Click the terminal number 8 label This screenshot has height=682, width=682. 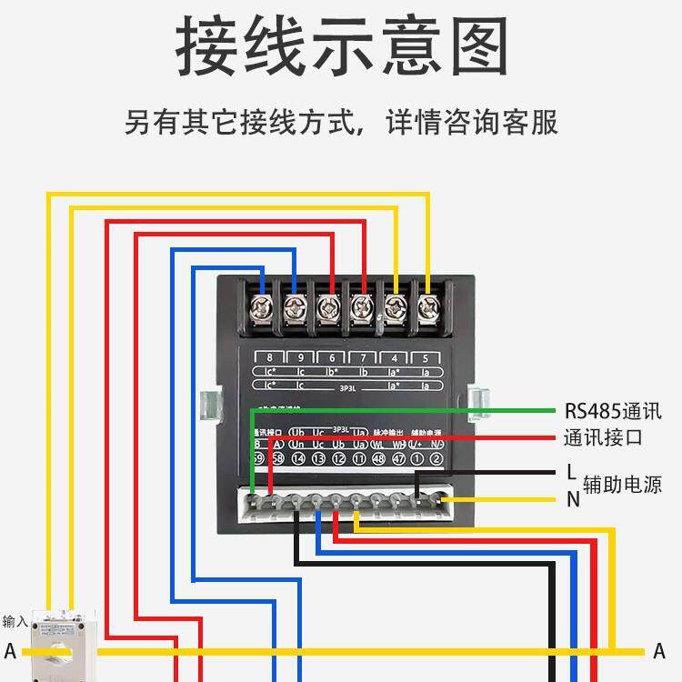coord(269,357)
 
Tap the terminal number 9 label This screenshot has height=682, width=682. coord(300,357)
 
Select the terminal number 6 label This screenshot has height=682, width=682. coord(332,357)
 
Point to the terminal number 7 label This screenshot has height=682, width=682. coord(364,357)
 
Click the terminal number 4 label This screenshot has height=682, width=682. coord(396,357)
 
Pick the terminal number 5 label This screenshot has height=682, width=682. coord(426,357)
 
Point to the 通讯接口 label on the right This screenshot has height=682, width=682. coord(603,437)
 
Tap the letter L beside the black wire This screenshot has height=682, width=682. coord(571,473)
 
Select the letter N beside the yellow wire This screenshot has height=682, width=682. coord(573,498)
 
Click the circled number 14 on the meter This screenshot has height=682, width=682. coord(298,459)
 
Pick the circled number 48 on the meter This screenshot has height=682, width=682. coord(378,459)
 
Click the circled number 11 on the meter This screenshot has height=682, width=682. coord(358,459)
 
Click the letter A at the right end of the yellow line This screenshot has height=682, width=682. coord(659,651)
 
